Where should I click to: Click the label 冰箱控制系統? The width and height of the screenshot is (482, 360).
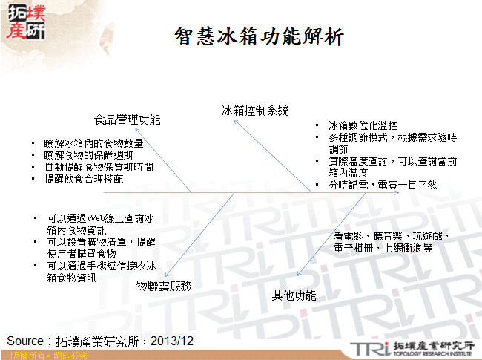tap(255, 111)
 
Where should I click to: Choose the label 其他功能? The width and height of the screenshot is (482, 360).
tap(294, 295)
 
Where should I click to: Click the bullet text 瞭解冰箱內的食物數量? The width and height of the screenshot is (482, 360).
tap(93, 143)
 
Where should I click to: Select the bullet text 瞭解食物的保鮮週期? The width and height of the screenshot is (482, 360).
tap(88, 155)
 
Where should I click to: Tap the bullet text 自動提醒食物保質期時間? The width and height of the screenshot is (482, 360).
tap(99, 167)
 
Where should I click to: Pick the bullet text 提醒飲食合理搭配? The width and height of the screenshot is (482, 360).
tap(84, 179)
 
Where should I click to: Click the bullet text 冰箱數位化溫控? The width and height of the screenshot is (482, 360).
tap(363, 125)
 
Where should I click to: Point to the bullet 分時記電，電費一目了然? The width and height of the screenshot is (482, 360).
tap(383, 185)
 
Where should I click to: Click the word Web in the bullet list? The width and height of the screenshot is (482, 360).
tap(99, 219)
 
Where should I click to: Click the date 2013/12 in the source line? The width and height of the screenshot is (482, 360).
tap(172, 341)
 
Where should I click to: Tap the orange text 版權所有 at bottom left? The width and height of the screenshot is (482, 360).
tap(21, 356)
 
